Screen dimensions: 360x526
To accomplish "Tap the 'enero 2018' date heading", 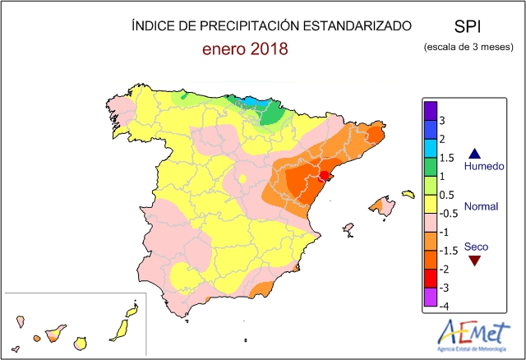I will [246, 49].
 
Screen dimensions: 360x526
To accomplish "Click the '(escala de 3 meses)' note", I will [469, 48].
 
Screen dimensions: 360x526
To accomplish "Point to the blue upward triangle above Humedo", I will [474, 153].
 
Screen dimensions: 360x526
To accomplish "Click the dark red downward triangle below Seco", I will [474, 261].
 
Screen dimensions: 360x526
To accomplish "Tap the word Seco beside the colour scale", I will [475, 246].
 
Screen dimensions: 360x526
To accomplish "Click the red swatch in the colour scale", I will [430, 278].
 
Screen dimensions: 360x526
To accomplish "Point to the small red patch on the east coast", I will [325, 175].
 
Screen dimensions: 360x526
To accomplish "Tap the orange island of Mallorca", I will [380, 204].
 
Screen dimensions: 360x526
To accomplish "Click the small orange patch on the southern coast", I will [260, 288].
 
